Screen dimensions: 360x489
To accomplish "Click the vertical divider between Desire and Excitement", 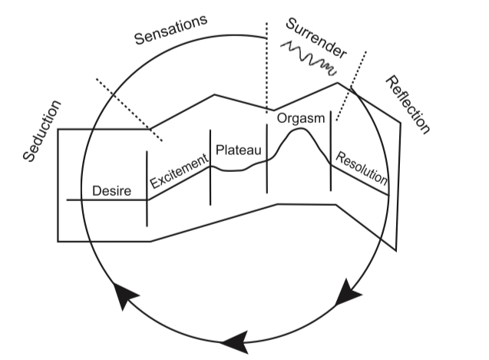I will pyautogui.click(x=147, y=189).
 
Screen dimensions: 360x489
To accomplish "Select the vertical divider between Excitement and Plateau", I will pyautogui.click(x=210, y=167).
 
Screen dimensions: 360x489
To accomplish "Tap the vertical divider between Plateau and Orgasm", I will pyautogui.click(x=266, y=154).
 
